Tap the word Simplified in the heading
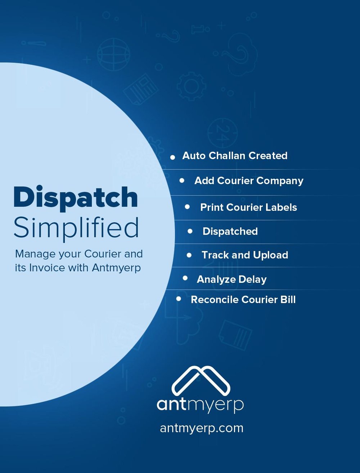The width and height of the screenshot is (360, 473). click(76, 229)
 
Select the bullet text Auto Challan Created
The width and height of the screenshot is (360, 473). click(235, 156)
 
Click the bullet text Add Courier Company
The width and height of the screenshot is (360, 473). click(249, 181)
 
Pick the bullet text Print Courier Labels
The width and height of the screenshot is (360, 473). click(248, 207)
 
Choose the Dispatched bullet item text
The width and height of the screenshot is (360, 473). click(230, 231)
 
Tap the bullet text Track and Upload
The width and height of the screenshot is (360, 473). click(245, 255)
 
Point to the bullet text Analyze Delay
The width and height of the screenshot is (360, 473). click(231, 280)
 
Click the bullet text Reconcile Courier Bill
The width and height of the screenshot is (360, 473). click(243, 299)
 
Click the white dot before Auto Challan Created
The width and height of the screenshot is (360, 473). click(172, 157)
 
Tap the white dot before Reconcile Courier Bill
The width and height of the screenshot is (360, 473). click(179, 299)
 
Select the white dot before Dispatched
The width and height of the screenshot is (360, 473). click(190, 231)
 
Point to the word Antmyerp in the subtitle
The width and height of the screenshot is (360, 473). click(116, 268)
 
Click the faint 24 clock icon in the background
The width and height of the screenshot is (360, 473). click(222, 133)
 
